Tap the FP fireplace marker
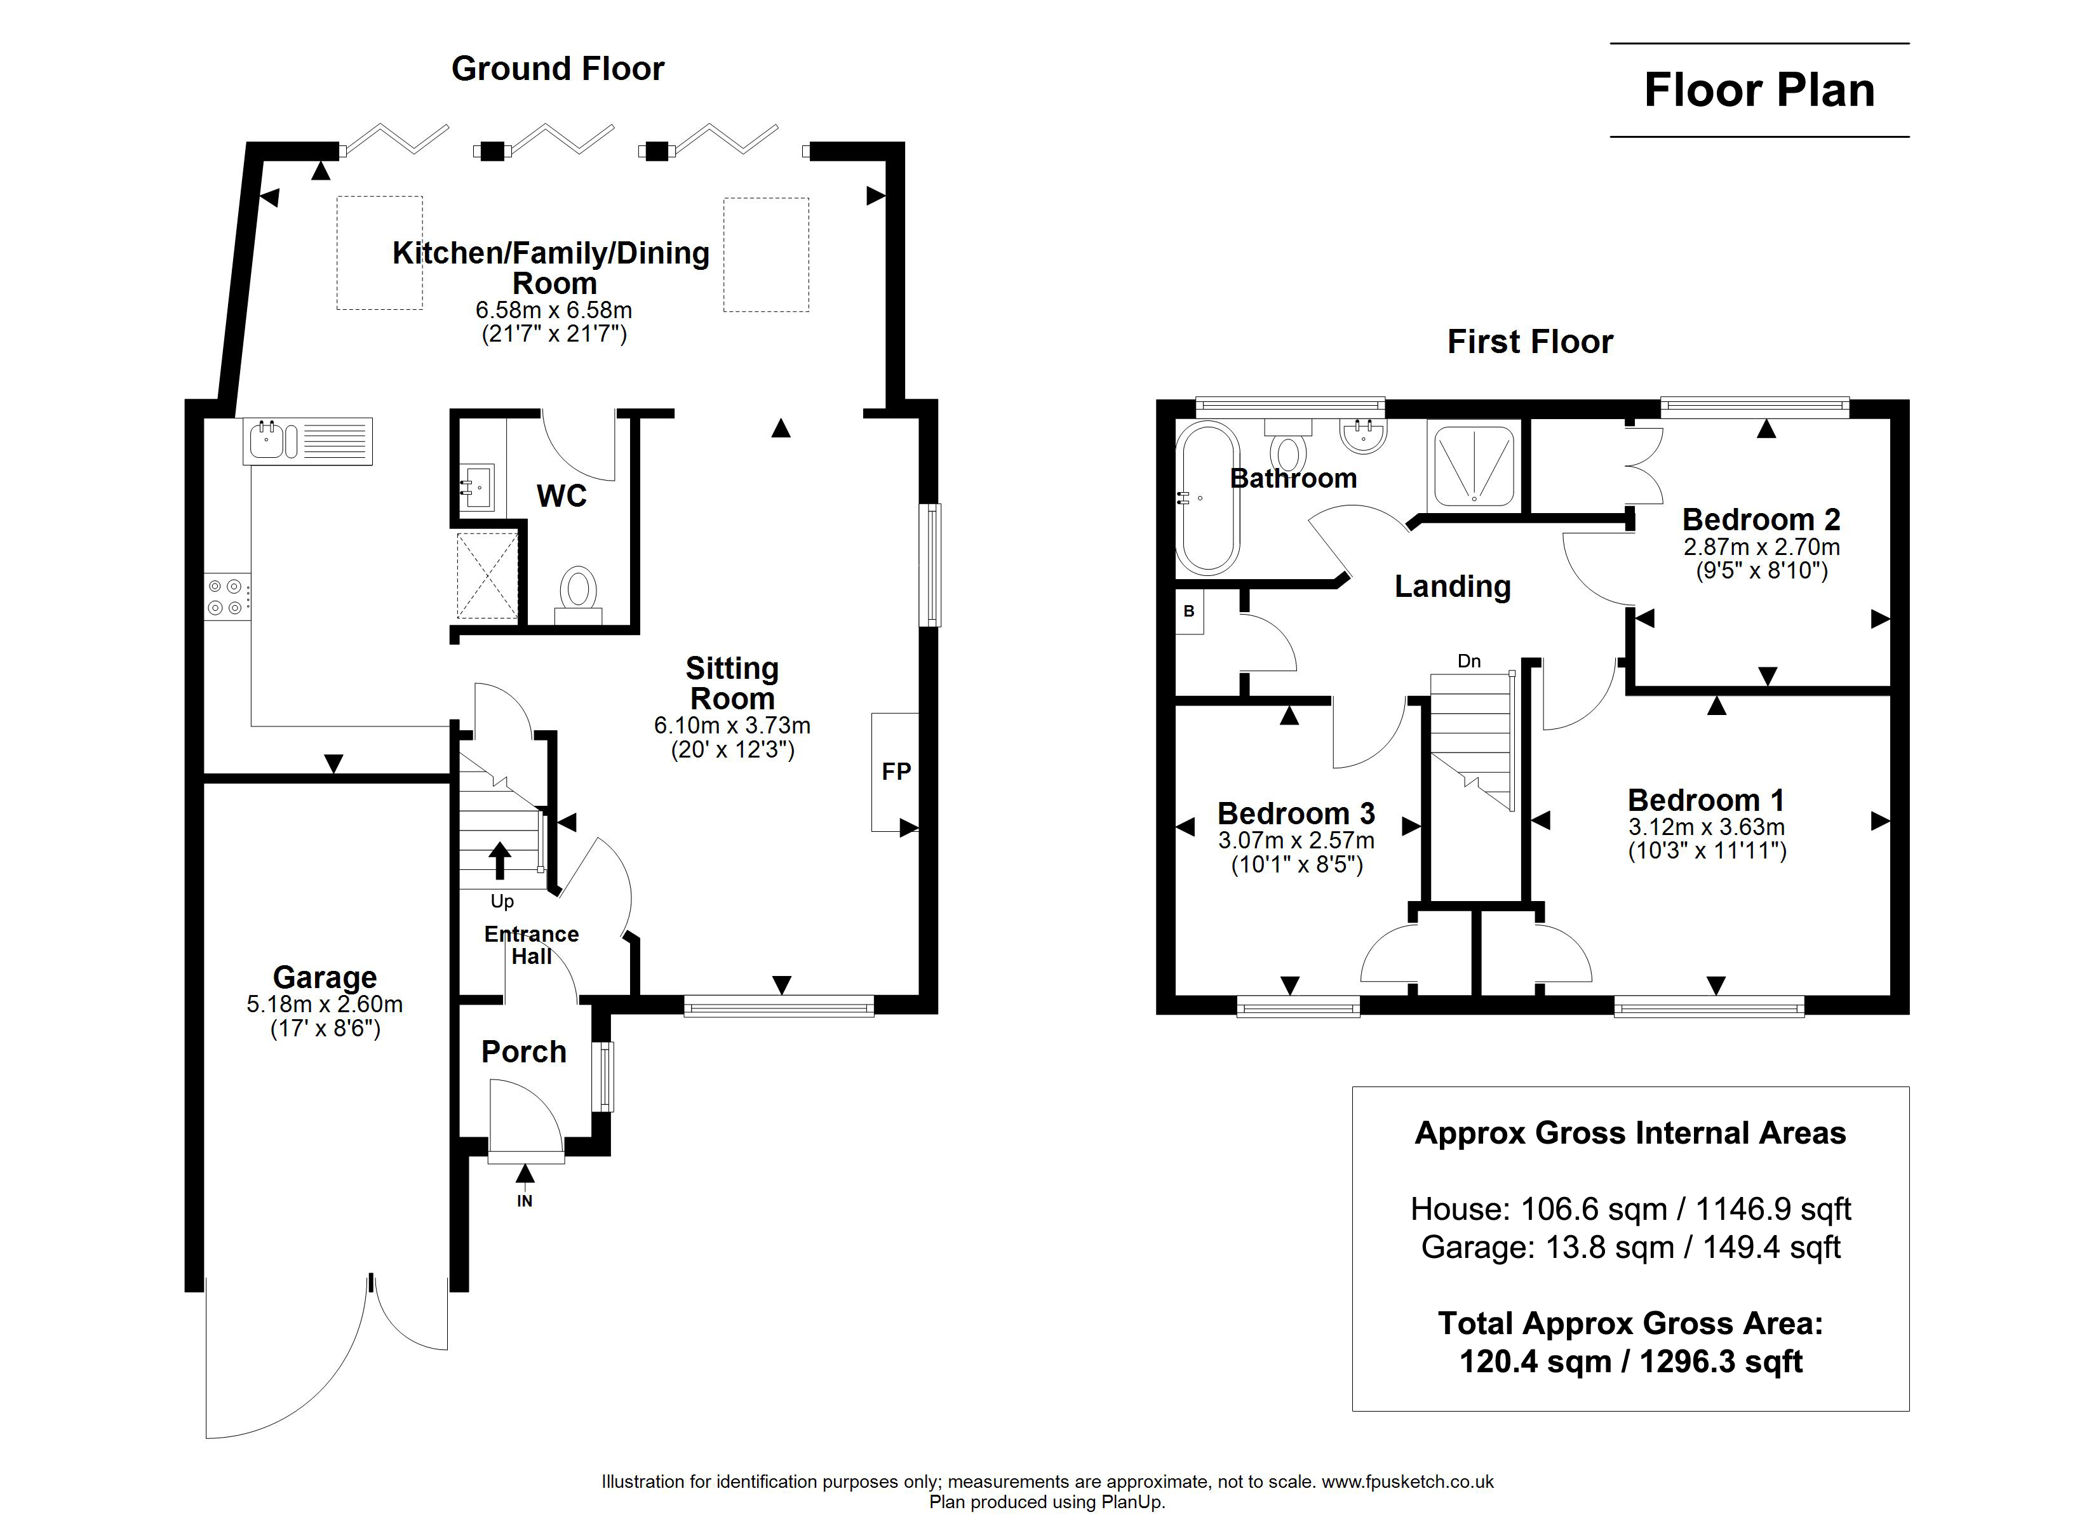[x=896, y=772]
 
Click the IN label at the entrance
[x=524, y=1201]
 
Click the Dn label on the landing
[x=1468, y=661]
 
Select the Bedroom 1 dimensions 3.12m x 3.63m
[x=1706, y=827]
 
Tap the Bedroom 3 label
[x=1296, y=813]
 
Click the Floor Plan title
[x=1759, y=91]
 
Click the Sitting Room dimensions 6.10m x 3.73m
[x=732, y=726]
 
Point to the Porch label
[x=524, y=1052]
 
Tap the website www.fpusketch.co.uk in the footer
[x=1407, y=1481]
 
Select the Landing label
[x=1453, y=586]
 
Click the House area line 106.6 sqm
[x=1630, y=1209]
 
